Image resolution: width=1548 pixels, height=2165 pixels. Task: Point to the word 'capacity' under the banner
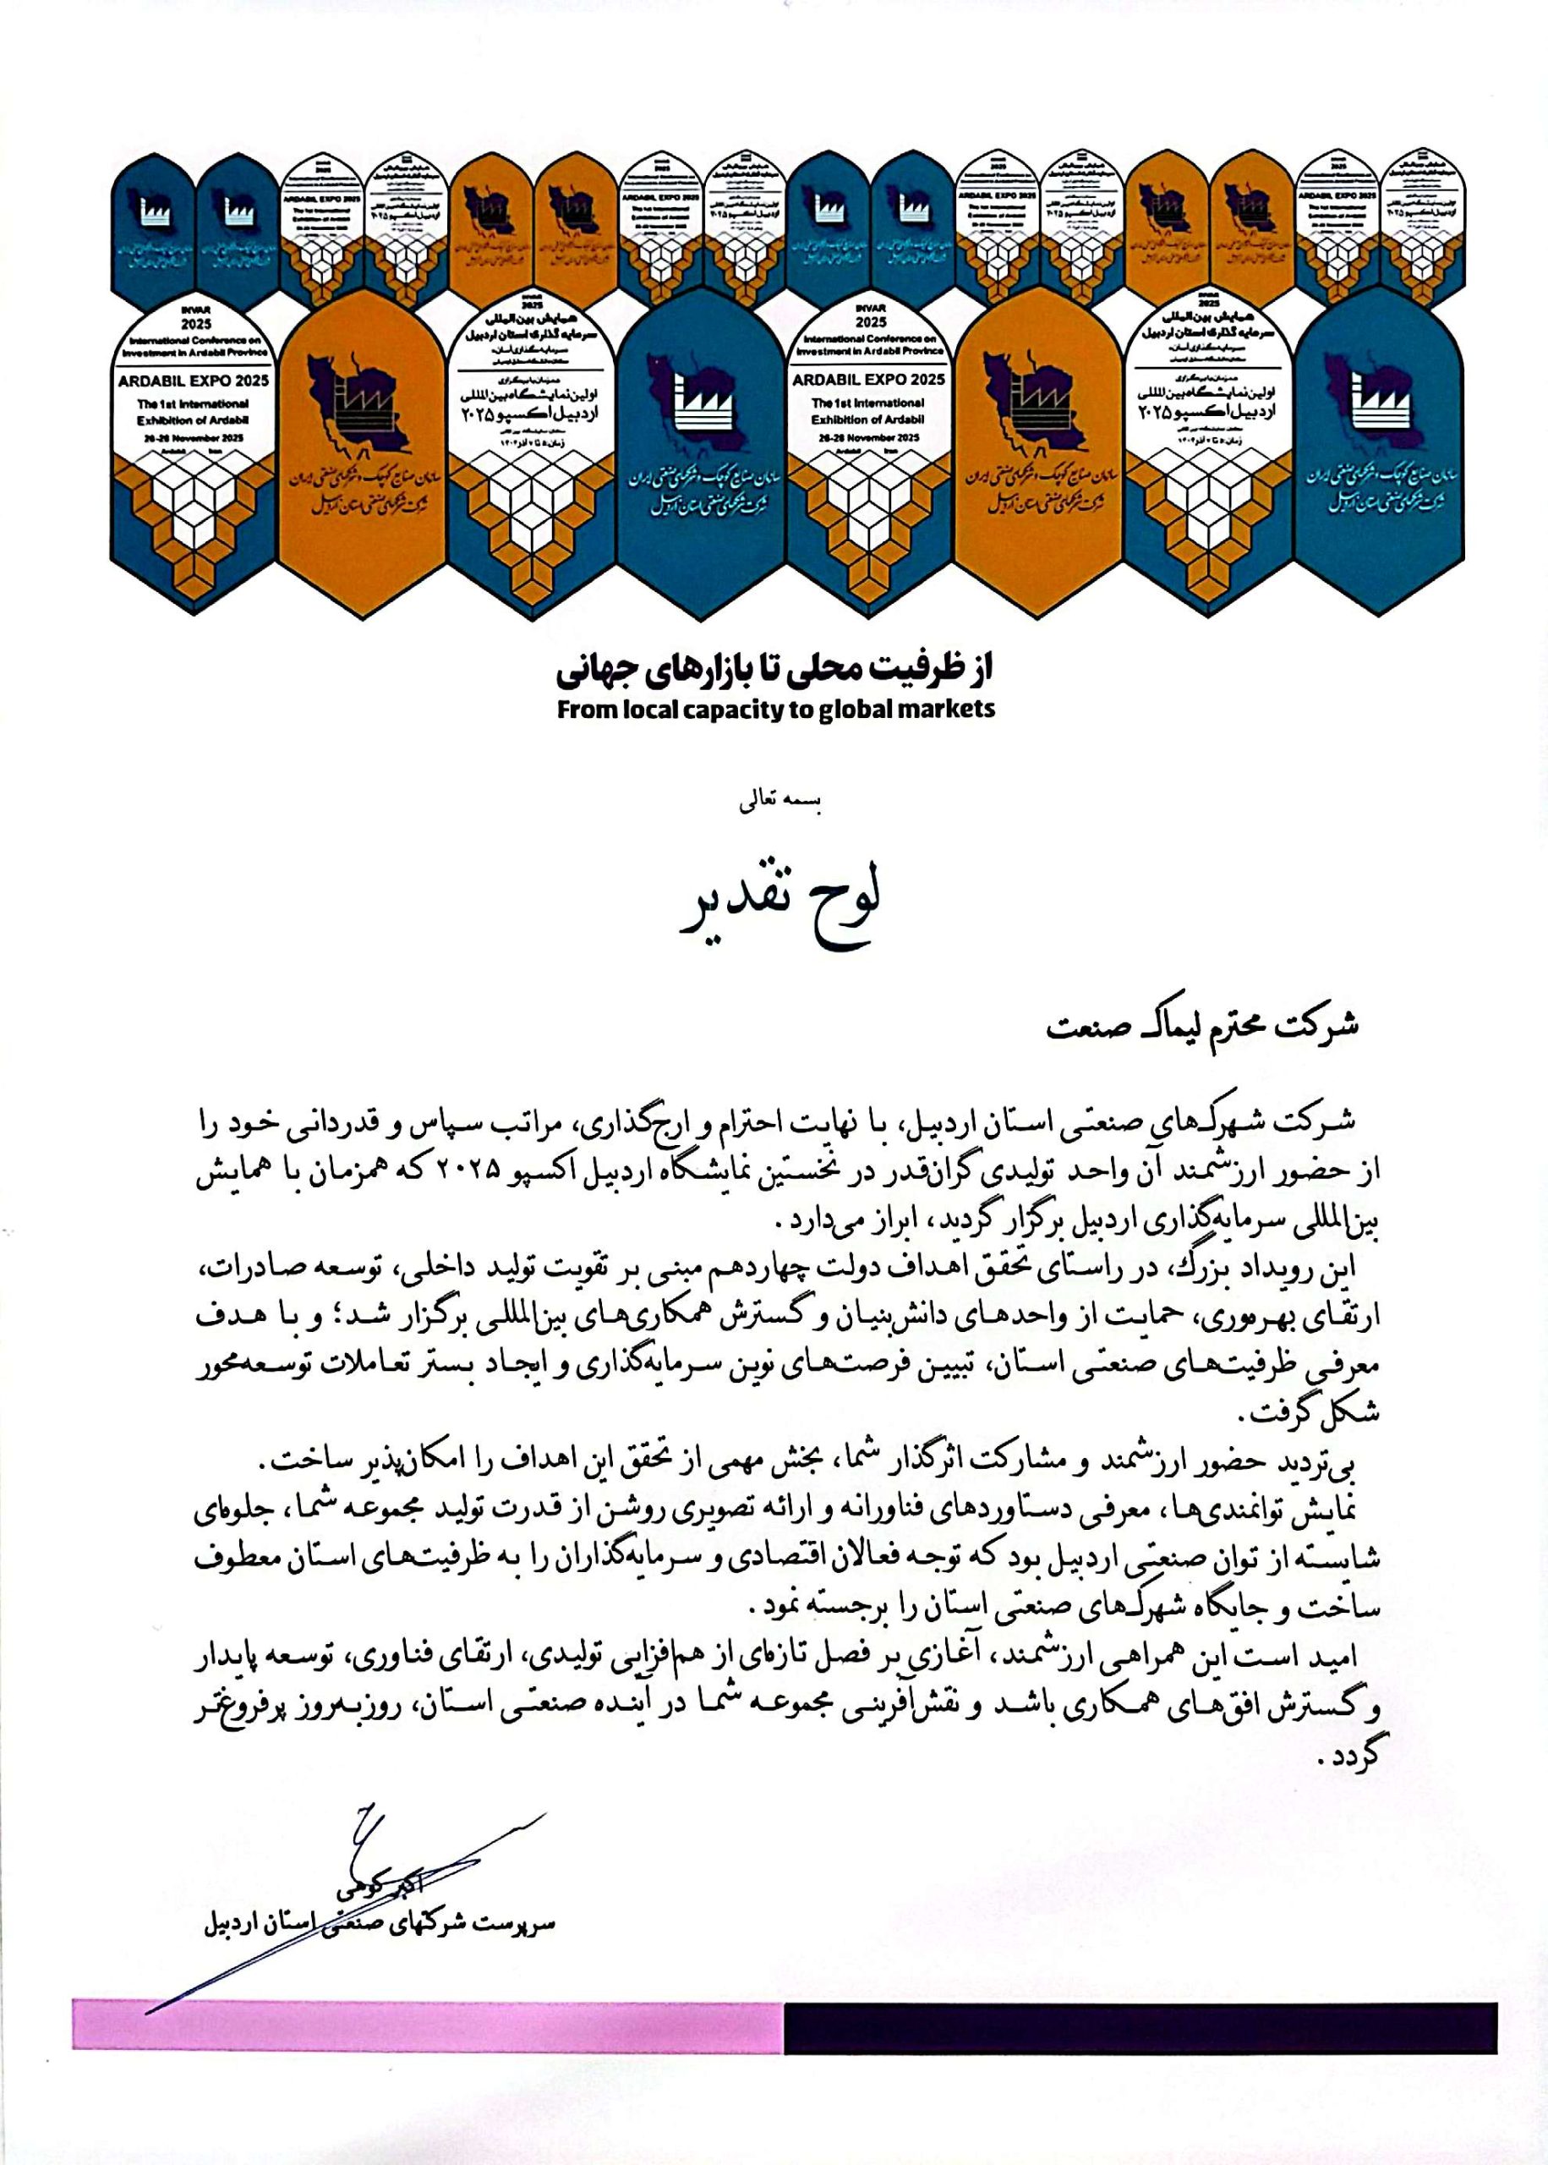point(717,710)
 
